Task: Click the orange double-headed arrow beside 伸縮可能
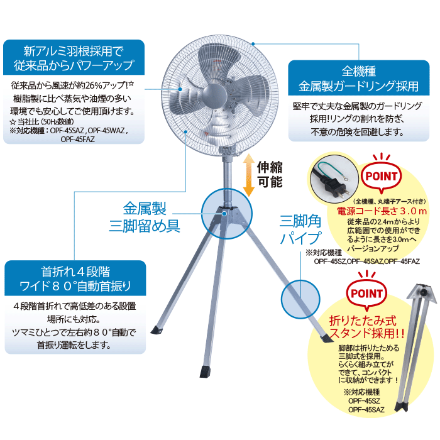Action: pyautogui.click(x=248, y=175)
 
